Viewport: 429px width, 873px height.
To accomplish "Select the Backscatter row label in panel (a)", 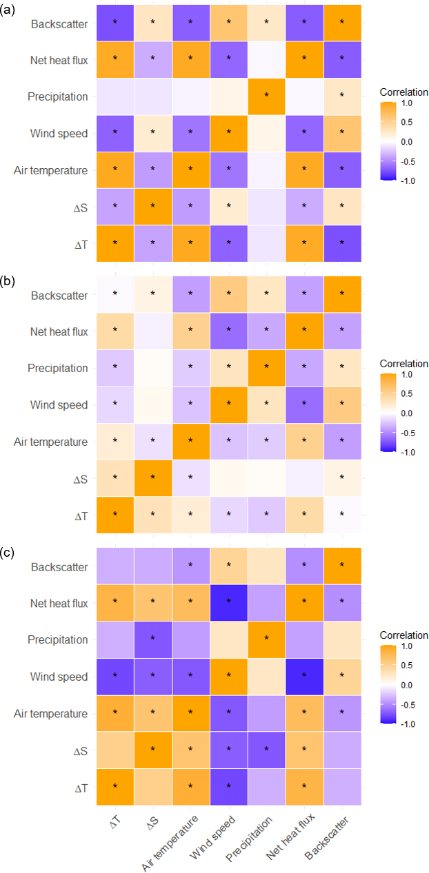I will coord(59,23).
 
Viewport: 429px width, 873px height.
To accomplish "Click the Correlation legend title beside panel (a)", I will coord(403,92).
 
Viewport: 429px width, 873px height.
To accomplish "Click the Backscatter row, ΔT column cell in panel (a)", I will coord(114,23).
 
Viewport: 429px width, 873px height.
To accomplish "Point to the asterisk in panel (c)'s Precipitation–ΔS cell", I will coord(152,637).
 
